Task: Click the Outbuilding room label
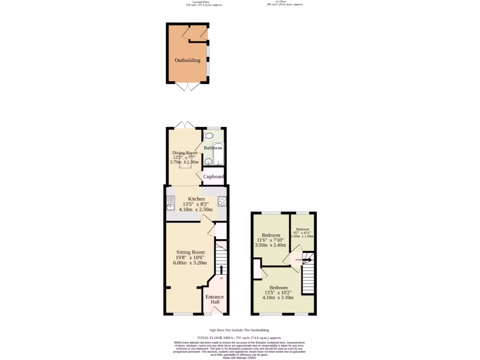(x=187, y=60)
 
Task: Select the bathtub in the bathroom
(x=218, y=155)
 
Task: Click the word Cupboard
(x=213, y=177)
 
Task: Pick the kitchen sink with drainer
(x=170, y=202)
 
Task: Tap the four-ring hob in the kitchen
(x=222, y=201)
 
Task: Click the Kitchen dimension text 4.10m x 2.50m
(x=195, y=210)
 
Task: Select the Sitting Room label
(x=190, y=252)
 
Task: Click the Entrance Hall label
(x=215, y=299)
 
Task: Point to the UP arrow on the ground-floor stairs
(x=221, y=270)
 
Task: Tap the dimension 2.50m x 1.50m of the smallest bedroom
(x=302, y=236)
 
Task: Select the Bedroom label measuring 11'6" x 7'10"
(x=271, y=235)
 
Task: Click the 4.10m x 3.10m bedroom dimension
(x=278, y=298)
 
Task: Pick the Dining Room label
(x=185, y=153)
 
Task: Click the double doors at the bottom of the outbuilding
(x=187, y=87)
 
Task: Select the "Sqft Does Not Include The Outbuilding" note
(x=239, y=330)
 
